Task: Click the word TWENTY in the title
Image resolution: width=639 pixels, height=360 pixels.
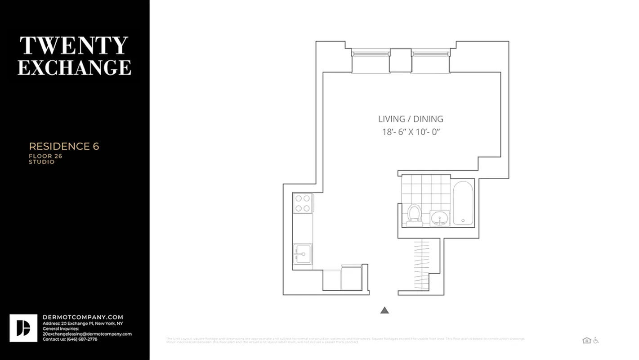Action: (74, 45)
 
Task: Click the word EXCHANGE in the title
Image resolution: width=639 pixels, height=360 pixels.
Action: (74, 67)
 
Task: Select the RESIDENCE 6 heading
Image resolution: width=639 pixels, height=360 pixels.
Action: (64, 146)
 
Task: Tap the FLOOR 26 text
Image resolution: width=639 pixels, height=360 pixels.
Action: (45, 156)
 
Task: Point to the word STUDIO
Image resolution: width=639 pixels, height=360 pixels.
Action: (42, 162)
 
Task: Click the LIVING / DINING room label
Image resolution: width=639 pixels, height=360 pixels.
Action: (411, 119)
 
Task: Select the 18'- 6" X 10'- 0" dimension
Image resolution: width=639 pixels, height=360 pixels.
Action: (411, 132)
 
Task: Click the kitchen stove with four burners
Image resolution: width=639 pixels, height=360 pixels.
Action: (303, 203)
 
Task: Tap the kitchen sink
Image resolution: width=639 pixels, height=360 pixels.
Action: (302, 255)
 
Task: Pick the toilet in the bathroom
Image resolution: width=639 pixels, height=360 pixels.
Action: (413, 215)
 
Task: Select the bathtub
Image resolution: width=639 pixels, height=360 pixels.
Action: (463, 202)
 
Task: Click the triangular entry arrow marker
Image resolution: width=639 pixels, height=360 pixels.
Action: (384, 310)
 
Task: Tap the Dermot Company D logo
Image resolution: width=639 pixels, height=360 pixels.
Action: (23, 328)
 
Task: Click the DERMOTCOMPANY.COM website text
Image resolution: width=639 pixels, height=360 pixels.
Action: (83, 317)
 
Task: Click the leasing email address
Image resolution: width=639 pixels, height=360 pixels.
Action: (87, 334)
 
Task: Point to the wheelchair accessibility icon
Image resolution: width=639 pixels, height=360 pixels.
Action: (596, 340)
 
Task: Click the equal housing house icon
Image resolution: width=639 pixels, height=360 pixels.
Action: (586, 340)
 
